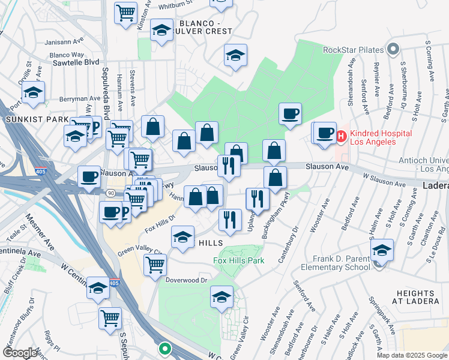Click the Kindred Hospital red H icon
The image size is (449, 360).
click(342, 137)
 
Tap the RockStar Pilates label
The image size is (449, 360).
click(353, 50)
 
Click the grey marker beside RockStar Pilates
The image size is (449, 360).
click(393, 49)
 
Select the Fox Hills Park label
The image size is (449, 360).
click(239, 260)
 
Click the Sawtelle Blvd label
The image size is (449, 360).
click(75, 62)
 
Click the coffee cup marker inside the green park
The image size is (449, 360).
click(290, 113)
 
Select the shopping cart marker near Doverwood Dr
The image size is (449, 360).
click(155, 264)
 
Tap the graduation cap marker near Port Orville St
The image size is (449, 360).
click(33, 93)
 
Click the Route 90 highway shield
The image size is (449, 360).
click(111, 193)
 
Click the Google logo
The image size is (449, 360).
click(20, 353)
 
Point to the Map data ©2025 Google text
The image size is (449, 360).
click(412, 355)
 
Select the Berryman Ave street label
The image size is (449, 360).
click(79, 98)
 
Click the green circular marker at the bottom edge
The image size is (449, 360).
click(164, 347)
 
